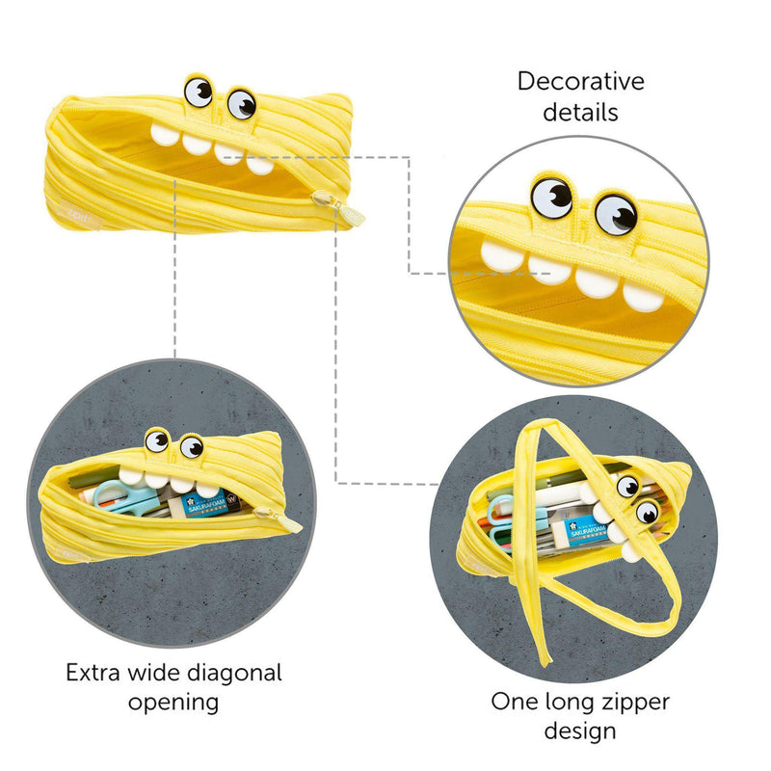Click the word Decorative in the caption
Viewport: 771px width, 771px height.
[x=581, y=82]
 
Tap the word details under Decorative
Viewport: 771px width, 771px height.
[x=580, y=112]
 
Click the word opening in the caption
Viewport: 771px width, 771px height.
[x=173, y=704]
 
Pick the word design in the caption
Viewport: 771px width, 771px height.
[x=580, y=731]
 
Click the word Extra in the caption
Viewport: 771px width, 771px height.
[x=93, y=673]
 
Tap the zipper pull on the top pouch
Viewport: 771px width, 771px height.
[x=338, y=208]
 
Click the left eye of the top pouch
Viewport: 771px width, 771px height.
[x=199, y=91]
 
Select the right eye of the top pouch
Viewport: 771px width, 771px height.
[x=242, y=104]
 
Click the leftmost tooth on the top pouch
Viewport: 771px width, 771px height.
[x=165, y=134]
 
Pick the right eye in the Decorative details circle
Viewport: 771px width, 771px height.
[x=616, y=214]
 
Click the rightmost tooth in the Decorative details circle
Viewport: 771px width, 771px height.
[x=643, y=296]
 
